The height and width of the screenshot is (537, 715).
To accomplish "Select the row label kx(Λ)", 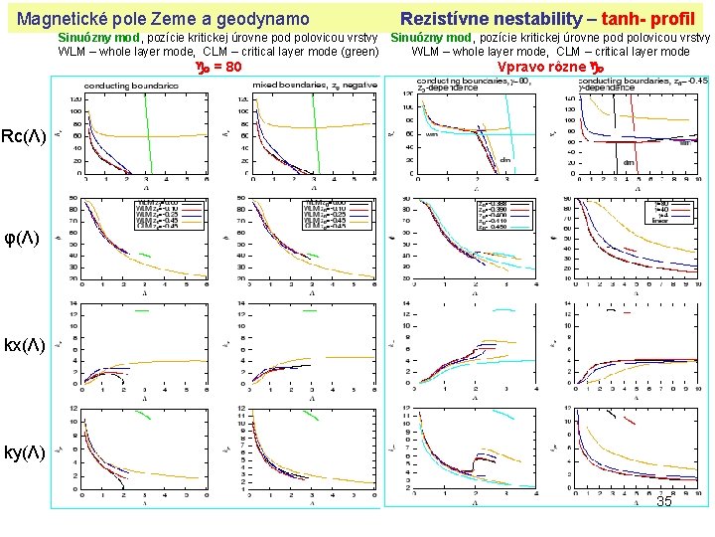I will coord(24,345).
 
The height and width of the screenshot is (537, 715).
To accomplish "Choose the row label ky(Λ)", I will coord(24,452).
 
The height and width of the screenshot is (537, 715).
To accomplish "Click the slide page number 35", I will coord(663,502).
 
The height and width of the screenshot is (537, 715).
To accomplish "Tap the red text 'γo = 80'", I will coord(215,68).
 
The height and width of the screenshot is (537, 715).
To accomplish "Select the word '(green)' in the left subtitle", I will coord(357,52).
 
